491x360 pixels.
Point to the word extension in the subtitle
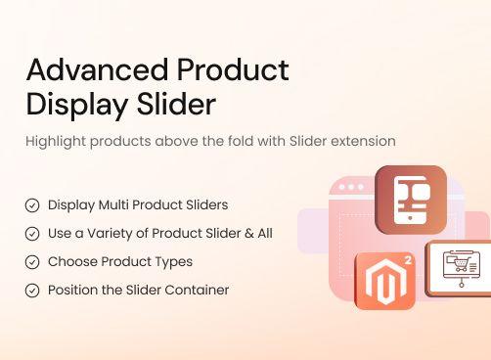pyautogui.click(x=362, y=141)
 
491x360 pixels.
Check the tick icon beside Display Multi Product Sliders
pyautogui.click(x=32, y=205)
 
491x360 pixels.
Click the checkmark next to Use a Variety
pyautogui.click(x=32, y=234)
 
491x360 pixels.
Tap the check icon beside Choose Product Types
pyautogui.click(x=32, y=262)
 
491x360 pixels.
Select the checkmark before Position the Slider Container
pyautogui.click(x=32, y=291)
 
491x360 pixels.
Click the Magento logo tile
pyautogui.click(x=384, y=282)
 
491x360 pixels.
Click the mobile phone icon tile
pyautogui.click(x=411, y=200)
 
